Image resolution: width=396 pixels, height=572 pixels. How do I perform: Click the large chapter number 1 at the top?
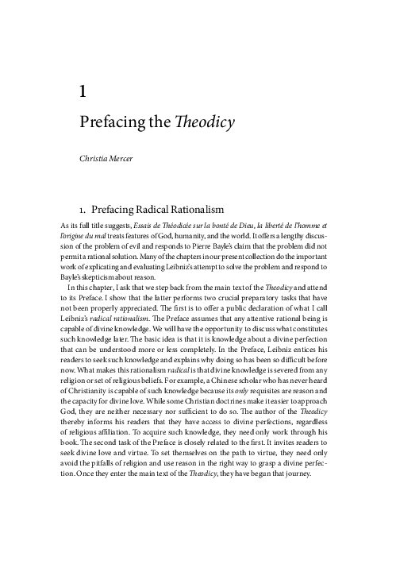pos(83,91)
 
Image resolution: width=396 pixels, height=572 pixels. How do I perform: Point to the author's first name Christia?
pos(94,160)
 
